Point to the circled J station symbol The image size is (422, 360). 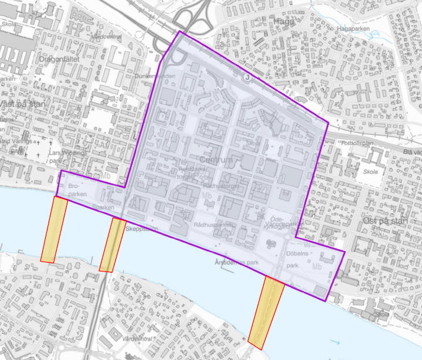[x=247, y=77]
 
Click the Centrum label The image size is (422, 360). [x=216, y=159]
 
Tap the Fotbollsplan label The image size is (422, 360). [x=360, y=142]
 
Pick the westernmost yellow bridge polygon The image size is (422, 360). [x=54, y=229]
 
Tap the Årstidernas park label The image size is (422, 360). [x=236, y=263]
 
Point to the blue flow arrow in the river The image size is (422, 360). [x=335, y=341]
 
